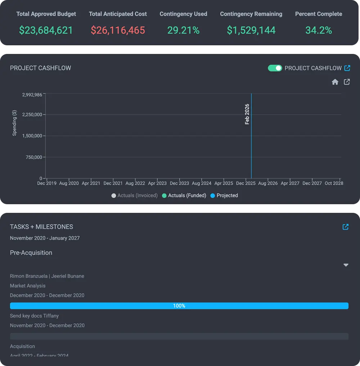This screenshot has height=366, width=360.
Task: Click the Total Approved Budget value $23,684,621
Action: (46, 30)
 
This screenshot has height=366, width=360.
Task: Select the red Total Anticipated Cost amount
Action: (118, 30)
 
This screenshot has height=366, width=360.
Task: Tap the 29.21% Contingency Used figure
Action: (183, 30)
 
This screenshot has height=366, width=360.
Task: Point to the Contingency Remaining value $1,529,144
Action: (251, 30)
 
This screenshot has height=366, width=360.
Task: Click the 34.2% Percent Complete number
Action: (319, 30)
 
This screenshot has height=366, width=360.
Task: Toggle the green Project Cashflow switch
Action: (275, 68)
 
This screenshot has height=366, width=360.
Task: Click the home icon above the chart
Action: (335, 82)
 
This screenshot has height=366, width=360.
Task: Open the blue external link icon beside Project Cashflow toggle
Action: (347, 68)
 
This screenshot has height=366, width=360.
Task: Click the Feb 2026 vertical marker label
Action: (247, 114)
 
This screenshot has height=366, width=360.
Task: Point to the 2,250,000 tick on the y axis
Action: (32, 115)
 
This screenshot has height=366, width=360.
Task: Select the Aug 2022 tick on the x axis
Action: (135, 183)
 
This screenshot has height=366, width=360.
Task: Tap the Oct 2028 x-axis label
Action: (334, 183)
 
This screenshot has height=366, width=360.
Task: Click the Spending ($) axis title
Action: (15, 123)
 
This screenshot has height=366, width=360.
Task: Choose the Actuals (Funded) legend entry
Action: (184, 196)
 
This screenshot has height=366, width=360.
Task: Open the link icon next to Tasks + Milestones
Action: (346, 227)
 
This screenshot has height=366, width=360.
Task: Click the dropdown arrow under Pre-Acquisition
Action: (346, 265)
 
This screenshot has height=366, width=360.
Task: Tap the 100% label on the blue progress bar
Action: (179, 306)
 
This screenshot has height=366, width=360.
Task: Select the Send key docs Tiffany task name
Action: (34, 316)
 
